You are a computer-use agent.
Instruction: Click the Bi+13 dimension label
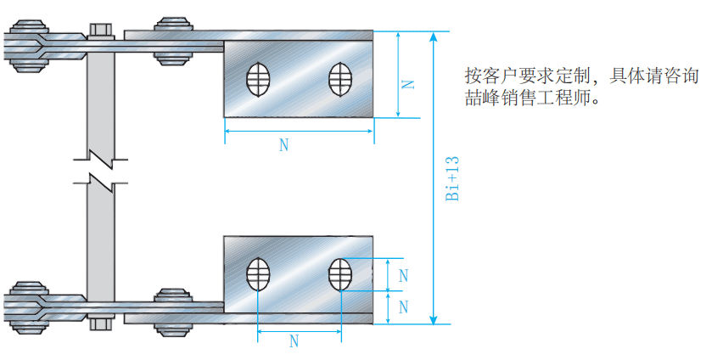452,179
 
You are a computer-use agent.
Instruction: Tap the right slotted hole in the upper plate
340,79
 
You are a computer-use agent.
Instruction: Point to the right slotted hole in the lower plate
339,274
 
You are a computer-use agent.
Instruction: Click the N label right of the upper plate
408,82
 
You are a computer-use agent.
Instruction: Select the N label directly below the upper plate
283,145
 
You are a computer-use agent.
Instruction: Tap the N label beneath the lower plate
294,341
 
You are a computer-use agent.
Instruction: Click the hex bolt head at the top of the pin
100,31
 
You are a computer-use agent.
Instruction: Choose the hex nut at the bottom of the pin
100,323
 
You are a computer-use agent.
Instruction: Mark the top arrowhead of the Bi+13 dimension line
434,37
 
